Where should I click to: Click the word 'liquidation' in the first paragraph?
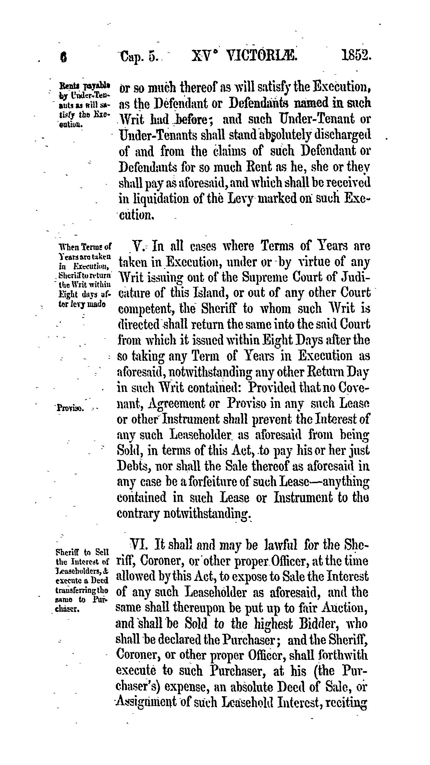(x=153, y=199)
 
